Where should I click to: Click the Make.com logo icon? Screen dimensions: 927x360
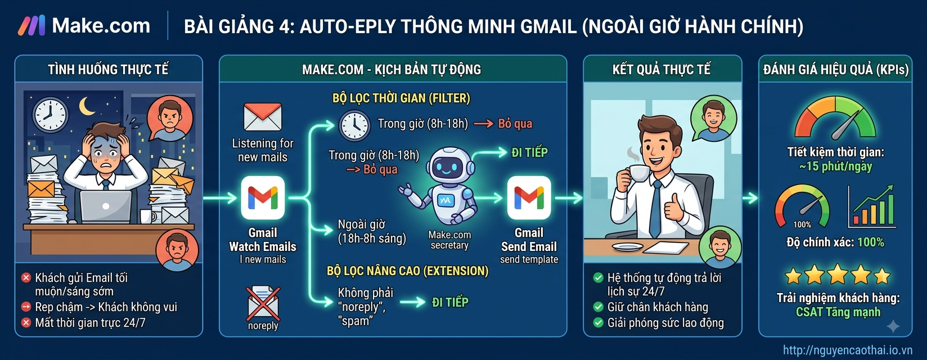click(x=31, y=26)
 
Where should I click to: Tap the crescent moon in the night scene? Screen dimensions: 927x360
click(x=87, y=106)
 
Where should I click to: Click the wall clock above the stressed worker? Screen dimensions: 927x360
click(x=49, y=115)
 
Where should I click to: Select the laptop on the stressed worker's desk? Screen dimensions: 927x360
click(x=106, y=206)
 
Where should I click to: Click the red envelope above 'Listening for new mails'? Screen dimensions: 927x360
click(x=263, y=117)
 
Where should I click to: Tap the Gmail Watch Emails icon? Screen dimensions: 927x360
click(x=263, y=198)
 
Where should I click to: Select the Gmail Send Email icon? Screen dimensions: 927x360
click(x=529, y=198)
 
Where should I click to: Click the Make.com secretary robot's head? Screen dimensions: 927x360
click(x=450, y=165)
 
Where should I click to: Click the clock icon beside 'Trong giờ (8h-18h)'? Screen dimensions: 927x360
click(x=354, y=125)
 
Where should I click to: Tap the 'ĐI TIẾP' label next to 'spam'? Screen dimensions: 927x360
click(x=450, y=303)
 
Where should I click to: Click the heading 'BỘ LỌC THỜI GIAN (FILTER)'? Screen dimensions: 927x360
click(x=401, y=98)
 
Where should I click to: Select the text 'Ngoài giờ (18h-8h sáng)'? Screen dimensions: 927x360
click(x=372, y=231)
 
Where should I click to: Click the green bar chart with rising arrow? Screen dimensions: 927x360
click(x=871, y=206)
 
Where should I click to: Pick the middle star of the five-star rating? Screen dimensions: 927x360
click(x=838, y=274)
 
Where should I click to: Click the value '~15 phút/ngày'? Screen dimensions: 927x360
click(x=835, y=166)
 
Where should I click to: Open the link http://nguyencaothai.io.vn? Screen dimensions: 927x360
click(x=848, y=350)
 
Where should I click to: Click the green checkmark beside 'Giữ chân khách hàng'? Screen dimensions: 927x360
click(x=598, y=307)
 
